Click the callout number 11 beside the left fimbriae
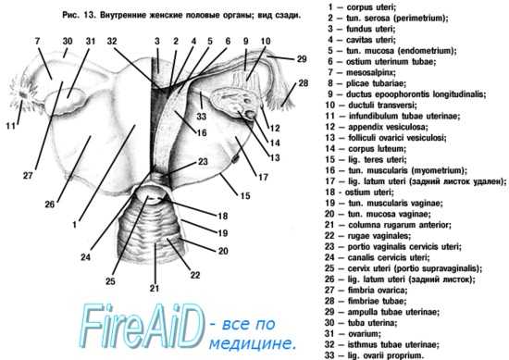[x=10, y=125]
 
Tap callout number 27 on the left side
[x=28, y=175]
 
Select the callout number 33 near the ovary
[x=201, y=116]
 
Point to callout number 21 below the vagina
[x=155, y=288]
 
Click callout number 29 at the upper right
[x=302, y=58]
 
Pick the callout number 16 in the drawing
[x=202, y=132]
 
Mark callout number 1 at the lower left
[x=74, y=224]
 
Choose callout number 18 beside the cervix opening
[x=223, y=216]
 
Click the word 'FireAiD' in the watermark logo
[x=142, y=327]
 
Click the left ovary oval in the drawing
[x=66, y=101]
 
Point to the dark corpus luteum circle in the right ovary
[x=251, y=114]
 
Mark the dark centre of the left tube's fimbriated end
[x=23, y=94]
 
